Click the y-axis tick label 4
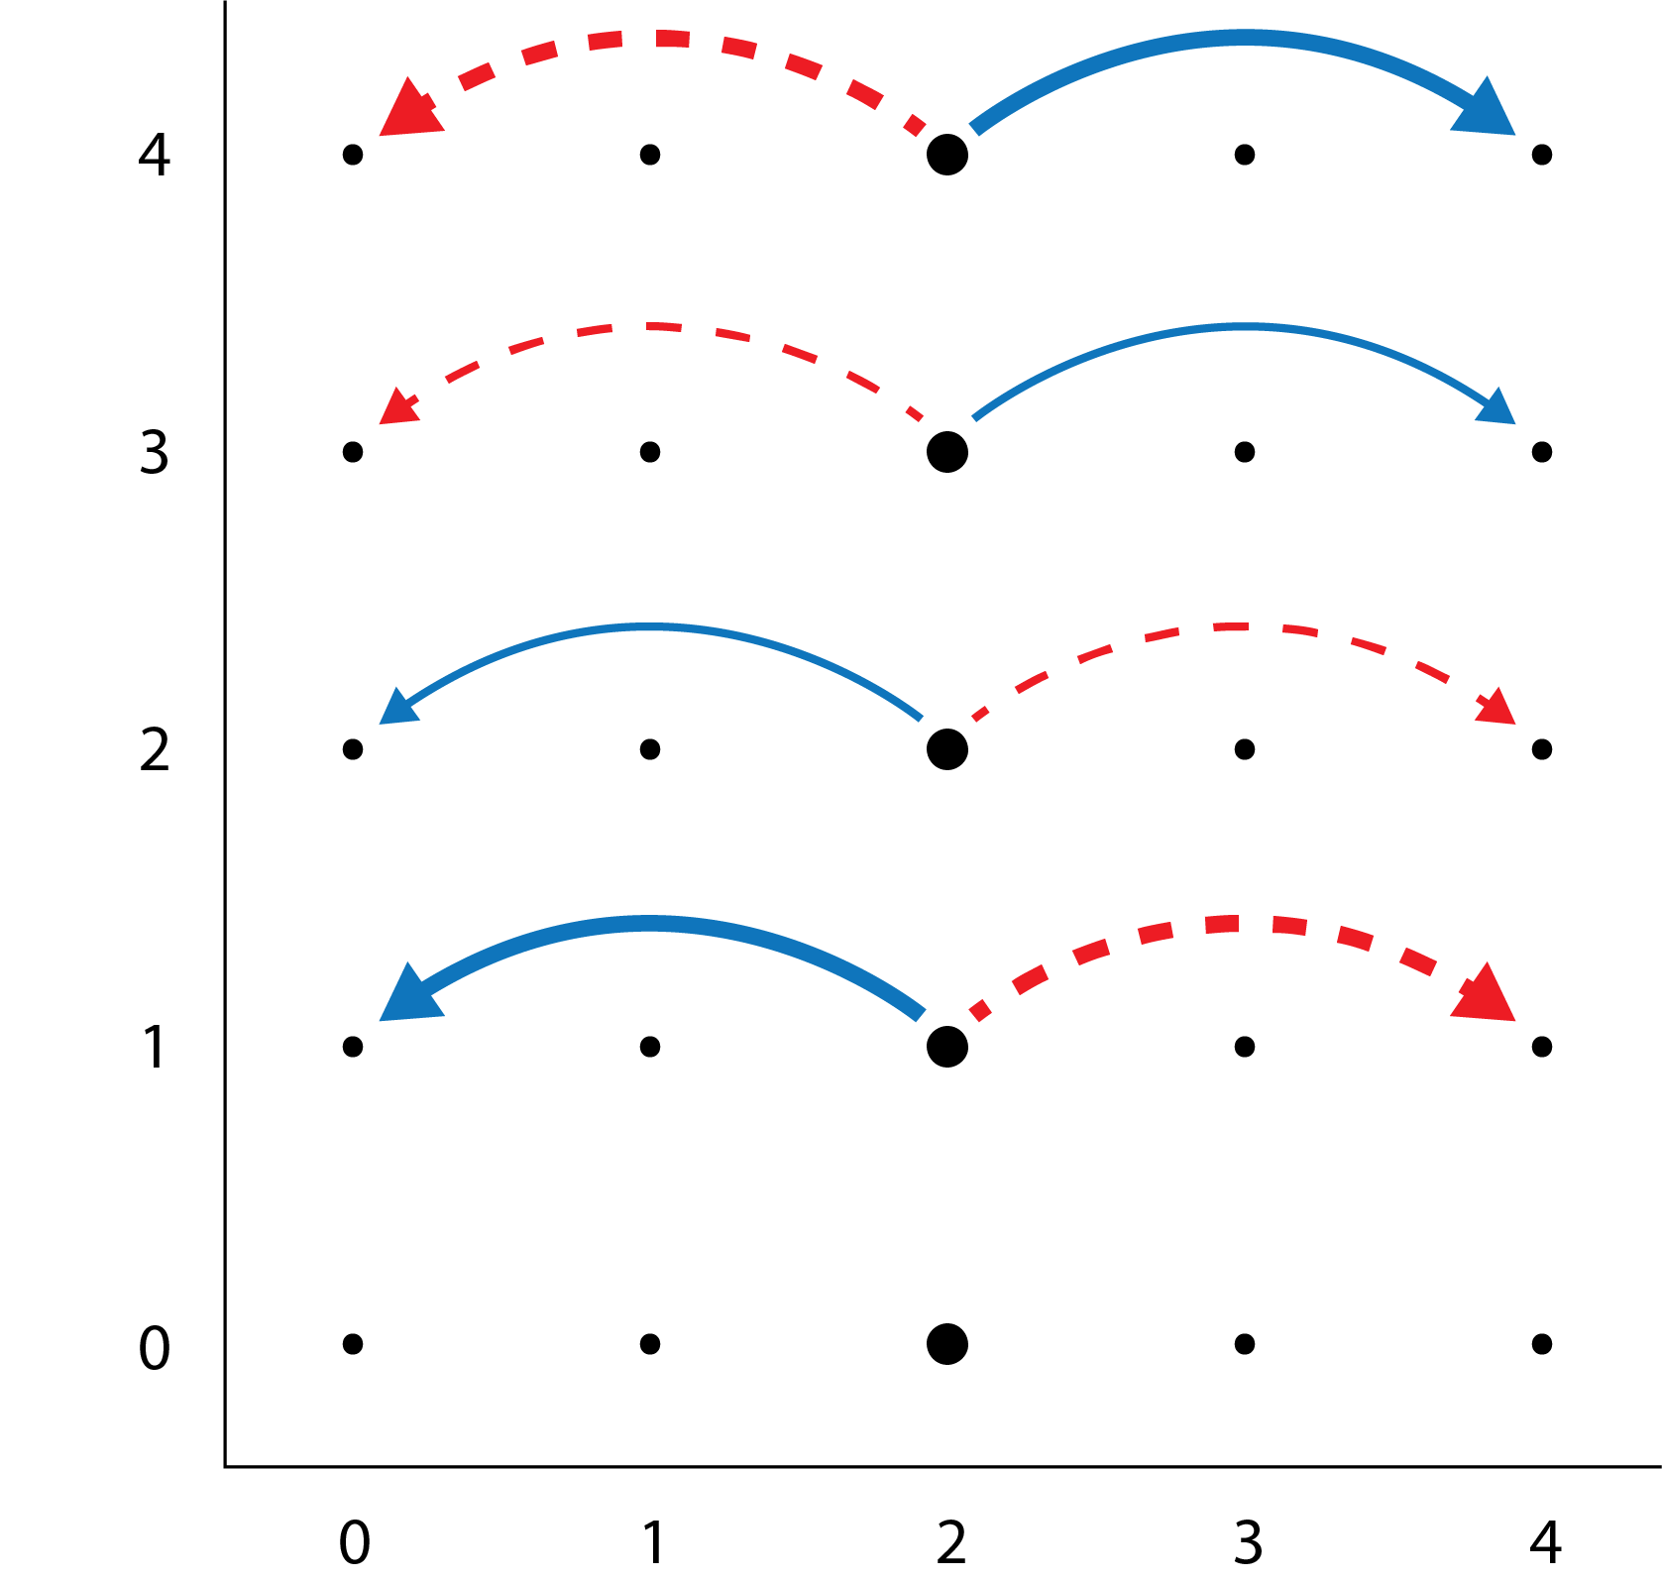click(155, 156)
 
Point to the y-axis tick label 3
click(155, 453)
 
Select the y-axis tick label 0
click(155, 1348)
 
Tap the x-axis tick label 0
click(354, 1542)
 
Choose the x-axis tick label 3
click(1247, 1542)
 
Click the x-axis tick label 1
click(653, 1542)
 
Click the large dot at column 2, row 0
click(947, 1344)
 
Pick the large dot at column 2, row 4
click(947, 155)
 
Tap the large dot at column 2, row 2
click(947, 749)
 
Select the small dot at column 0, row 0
click(353, 1344)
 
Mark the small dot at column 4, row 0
click(1541, 1344)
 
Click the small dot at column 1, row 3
click(650, 452)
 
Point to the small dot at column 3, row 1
click(1245, 1047)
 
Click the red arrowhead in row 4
click(407, 111)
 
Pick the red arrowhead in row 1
click(1487, 995)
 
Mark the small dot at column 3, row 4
click(1245, 155)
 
